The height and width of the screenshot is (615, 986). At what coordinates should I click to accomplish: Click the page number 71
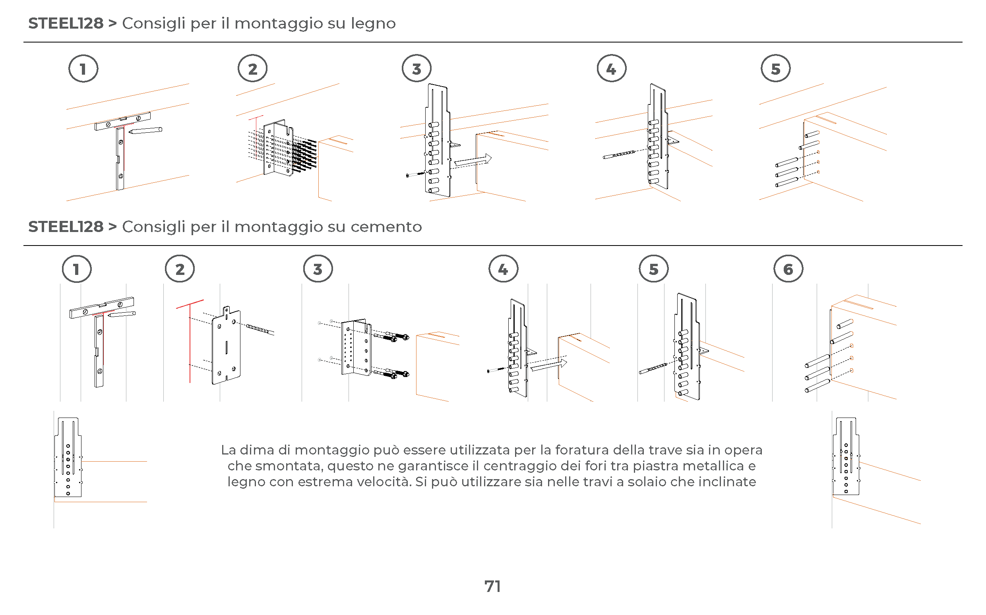[492, 586]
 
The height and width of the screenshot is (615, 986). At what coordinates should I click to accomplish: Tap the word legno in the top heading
[373, 24]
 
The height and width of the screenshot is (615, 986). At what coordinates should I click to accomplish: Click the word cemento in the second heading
[386, 227]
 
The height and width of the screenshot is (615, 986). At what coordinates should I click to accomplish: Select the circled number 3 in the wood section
[416, 69]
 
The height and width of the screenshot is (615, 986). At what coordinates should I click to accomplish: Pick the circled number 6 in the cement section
[788, 269]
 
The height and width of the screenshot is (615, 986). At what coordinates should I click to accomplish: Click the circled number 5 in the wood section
[775, 69]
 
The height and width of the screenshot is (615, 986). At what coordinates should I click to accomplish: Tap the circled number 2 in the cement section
[180, 269]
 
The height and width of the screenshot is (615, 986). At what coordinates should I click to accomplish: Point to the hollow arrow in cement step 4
[549, 365]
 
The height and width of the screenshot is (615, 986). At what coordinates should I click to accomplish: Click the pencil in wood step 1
[145, 131]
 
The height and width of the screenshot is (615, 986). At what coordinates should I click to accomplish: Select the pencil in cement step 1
[122, 314]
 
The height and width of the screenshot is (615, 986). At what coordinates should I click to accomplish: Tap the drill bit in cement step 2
[260, 329]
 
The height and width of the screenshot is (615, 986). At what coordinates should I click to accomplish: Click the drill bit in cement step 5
[653, 369]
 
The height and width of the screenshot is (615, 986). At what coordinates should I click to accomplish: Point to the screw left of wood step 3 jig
[415, 174]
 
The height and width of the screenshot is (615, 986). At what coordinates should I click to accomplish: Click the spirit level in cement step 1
[101, 307]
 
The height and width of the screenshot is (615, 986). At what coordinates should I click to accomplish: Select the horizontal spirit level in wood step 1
[122, 121]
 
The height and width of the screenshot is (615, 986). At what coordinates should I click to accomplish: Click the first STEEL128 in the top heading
[66, 24]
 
